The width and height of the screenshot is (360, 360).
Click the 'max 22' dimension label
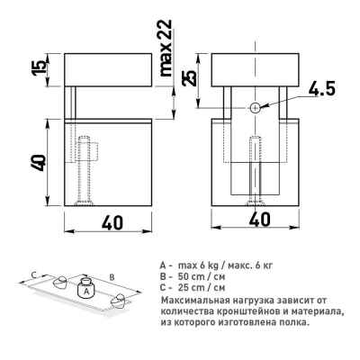(166, 48)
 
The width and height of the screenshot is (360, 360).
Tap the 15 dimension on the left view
(41, 67)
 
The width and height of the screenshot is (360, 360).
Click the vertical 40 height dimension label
(40, 163)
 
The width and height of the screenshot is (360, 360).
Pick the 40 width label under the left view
(112, 223)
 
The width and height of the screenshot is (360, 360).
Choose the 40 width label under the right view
(259, 220)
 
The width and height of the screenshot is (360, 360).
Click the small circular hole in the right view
(256, 108)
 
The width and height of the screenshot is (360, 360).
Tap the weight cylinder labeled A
(85, 288)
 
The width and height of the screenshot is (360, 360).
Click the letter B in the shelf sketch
(112, 277)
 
